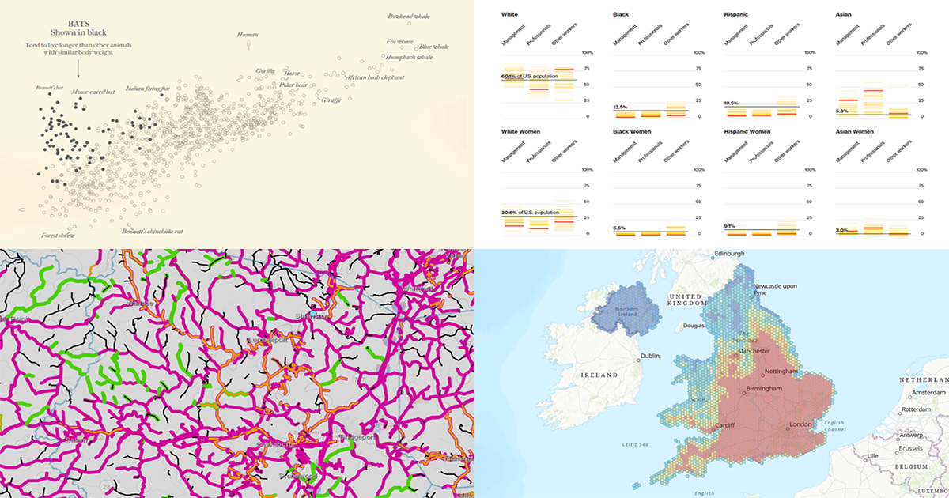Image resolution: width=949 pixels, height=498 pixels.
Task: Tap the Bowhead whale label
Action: pos(410,17)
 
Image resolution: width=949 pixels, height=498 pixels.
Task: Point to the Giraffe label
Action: pos(331,100)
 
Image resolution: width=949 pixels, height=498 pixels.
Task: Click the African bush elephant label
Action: pos(375,77)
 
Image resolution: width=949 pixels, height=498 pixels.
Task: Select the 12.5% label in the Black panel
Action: pos(620,107)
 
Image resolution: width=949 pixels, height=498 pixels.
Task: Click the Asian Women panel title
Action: pos(858,131)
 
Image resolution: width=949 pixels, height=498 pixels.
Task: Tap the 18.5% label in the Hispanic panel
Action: pos(731,103)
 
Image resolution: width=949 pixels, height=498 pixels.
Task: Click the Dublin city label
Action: pos(651,357)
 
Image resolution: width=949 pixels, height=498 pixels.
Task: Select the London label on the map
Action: pos(800,425)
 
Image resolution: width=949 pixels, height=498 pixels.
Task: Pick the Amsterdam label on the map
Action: pos(928,392)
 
